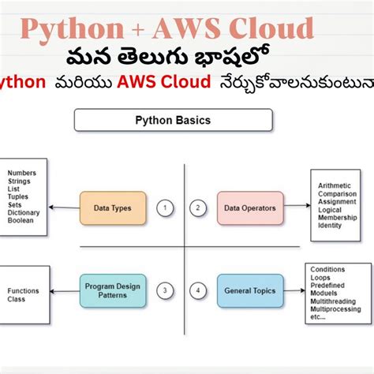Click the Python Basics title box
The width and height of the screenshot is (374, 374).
pyautogui.click(x=173, y=120)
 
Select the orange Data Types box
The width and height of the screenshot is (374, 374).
pyautogui.click(x=112, y=208)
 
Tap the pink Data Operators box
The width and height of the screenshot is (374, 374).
pyautogui.click(x=249, y=208)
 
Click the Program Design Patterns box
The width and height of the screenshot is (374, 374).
pyautogui.click(x=112, y=290)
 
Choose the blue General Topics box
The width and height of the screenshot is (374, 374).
pyautogui.click(x=249, y=290)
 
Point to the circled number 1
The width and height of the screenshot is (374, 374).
pyautogui.click(x=164, y=208)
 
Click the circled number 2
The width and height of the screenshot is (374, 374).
pyautogui.click(x=199, y=208)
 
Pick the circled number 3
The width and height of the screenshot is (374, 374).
pyautogui.click(x=164, y=290)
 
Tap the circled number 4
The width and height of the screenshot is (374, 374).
pyautogui.click(x=199, y=290)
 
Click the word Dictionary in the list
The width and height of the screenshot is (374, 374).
pyautogui.click(x=24, y=211)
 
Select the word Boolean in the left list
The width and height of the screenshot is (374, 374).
pyautogui.click(x=21, y=220)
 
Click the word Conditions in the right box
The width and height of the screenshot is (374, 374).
pyautogui.click(x=328, y=270)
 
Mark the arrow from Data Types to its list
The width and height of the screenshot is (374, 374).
pyautogui.click(x=63, y=208)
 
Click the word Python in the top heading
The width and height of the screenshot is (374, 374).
pyautogui.click(x=71, y=29)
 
